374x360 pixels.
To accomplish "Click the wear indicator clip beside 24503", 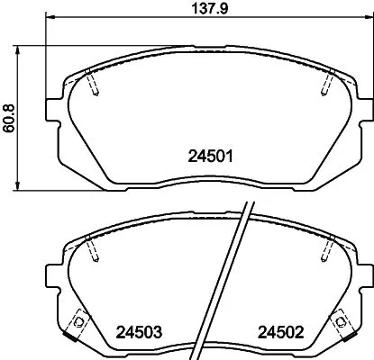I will [x=78, y=320].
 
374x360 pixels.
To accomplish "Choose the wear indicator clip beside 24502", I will [x=341, y=320].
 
